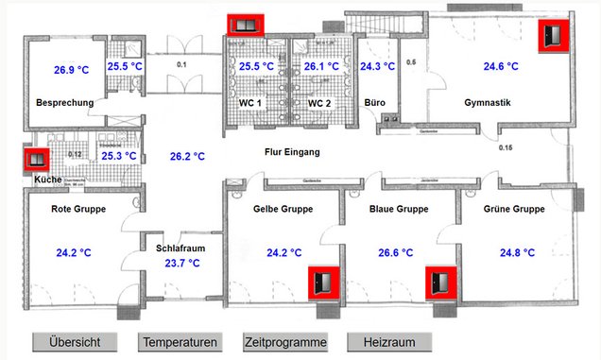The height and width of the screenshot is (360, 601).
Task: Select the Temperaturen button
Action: (x=180, y=342)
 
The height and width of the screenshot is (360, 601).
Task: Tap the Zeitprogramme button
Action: (x=285, y=342)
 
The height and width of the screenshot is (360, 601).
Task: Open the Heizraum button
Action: (x=389, y=342)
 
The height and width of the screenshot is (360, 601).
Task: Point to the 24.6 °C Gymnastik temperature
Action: (x=500, y=66)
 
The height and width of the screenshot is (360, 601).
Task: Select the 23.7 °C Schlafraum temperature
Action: (x=181, y=264)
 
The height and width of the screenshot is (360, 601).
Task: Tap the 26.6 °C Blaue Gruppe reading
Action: (x=395, y=252)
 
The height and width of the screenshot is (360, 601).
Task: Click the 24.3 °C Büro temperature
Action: (x=377, y=66)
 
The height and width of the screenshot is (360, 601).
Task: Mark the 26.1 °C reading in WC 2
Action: (x=321, y=66)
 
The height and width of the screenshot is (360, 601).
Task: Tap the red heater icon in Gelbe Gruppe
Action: (x=324, y=282)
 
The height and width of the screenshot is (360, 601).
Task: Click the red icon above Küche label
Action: (x=38, y=161)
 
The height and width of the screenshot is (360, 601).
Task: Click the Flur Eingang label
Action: (x=293, y=152)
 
